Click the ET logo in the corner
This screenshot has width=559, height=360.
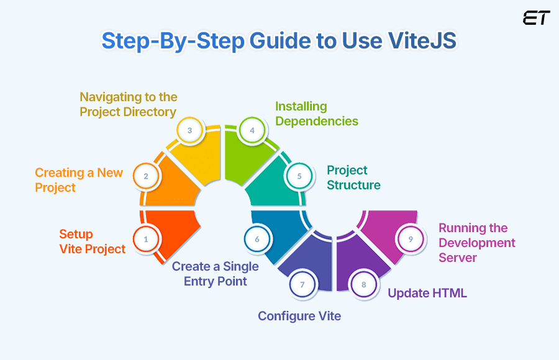tap(536, 18)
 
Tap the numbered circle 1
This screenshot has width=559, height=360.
tap(146, 238)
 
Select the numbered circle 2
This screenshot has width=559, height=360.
tap(146, 176)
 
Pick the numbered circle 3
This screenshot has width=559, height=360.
tap(189, 131)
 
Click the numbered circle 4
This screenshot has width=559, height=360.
tap(252, 131)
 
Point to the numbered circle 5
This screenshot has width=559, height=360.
tap(299, 176)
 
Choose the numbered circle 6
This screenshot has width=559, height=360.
tap(257, 239)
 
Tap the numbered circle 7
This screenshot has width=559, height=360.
tap(302, 285)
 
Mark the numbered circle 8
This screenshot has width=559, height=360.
tap(364, 285)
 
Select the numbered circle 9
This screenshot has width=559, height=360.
tap(410, 239)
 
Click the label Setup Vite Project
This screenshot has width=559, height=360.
tap(92, 241)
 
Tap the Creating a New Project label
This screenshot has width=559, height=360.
tap(79, 180)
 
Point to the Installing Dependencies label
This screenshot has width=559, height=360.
tap(317, 114)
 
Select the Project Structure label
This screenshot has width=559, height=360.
tap(353, 178)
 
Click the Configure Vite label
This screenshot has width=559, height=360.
tap(299, 316)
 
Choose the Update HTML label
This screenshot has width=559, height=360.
tap(427, 293)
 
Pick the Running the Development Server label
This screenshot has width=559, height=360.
tap(476, 243)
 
